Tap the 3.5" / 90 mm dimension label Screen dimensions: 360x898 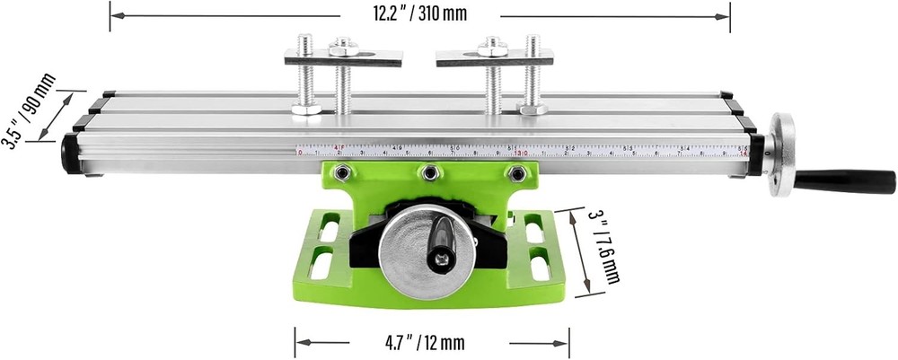pos(28,111)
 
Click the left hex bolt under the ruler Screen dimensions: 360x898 pos(341,172)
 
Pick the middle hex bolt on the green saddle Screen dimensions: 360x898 pos(430,172)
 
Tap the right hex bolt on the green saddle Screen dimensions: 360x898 pos(516,172)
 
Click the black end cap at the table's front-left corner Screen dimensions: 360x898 pos(70,154)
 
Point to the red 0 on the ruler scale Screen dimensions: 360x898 pos(299,153)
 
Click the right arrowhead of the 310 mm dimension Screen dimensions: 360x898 pos(725,15)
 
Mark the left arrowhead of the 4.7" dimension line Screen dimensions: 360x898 pos(300,342)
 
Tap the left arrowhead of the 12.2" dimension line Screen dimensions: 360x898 pos(115,15)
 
